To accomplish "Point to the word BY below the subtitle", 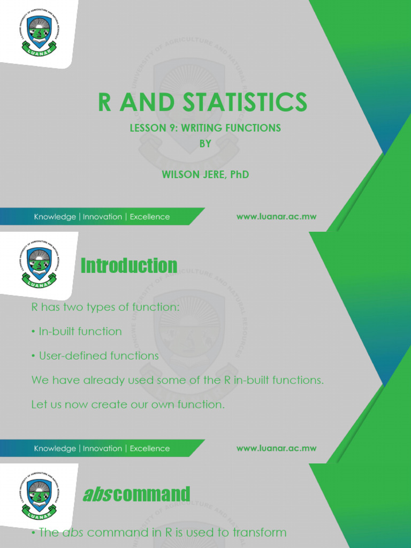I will pos(205,143).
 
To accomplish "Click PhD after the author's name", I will pos(239,175).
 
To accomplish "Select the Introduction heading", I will pos(128,266).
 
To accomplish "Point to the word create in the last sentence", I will pos(107,405).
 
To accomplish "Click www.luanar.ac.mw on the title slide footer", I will pos(276,217).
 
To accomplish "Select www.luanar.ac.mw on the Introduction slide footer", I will pos(276,448).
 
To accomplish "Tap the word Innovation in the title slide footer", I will pos(102,217).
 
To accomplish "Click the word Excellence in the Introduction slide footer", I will pos(150,448).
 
